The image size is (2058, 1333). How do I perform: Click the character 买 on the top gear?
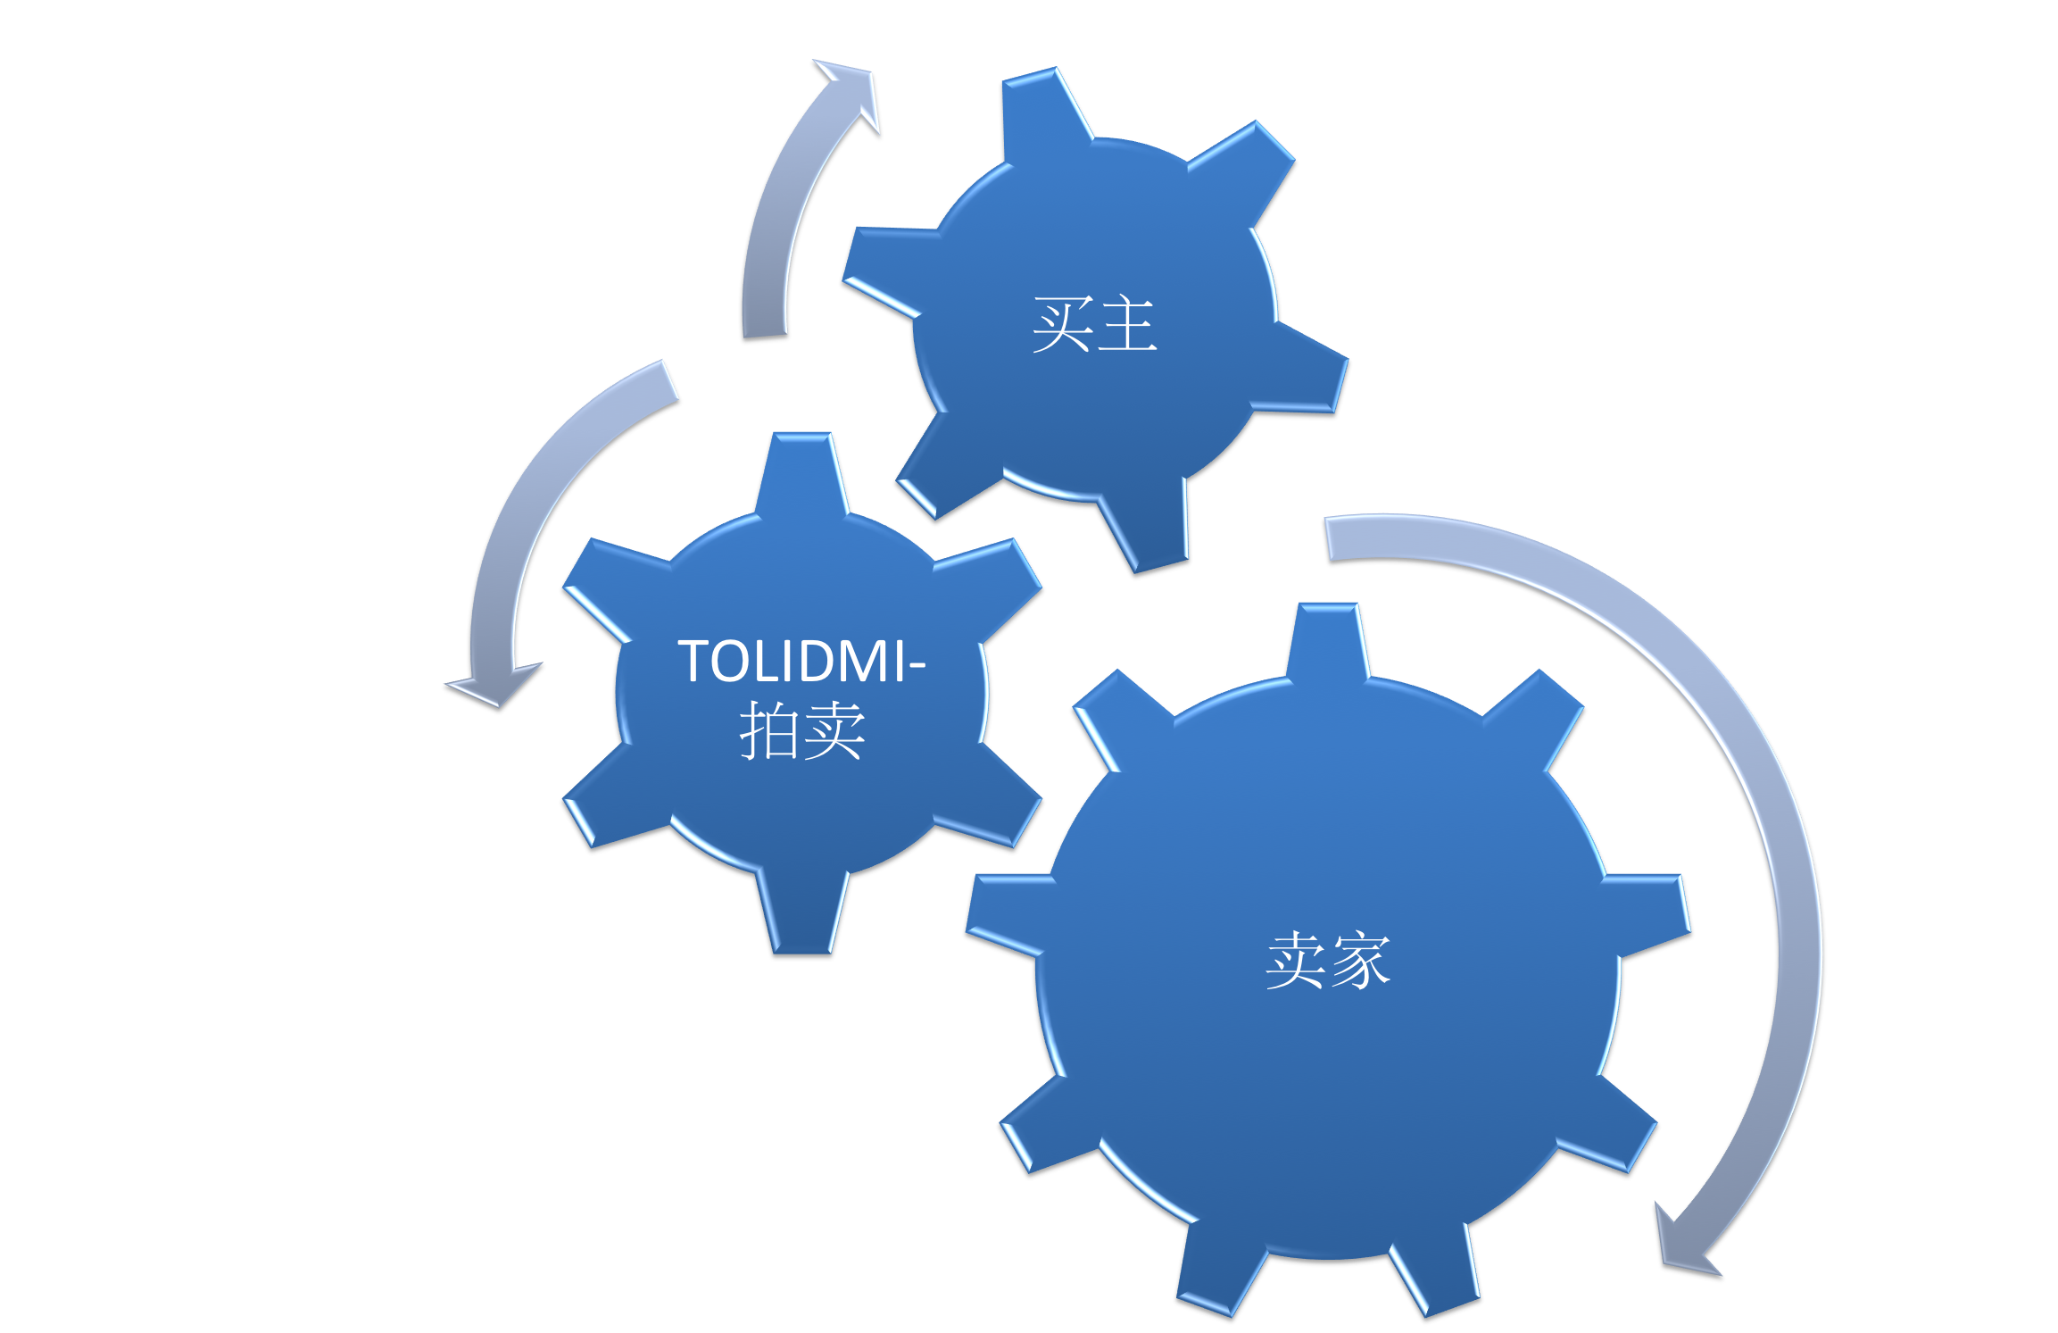tap(1062, 325)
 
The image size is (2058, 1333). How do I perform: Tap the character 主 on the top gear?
tap(1128, 325)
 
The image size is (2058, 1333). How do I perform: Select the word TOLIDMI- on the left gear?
tap(801, 662)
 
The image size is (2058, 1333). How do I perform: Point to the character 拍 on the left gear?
tap(769, 730)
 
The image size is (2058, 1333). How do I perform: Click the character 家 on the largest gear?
tap(1360, 962)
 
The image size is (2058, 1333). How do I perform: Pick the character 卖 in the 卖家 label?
tap(1295, 962)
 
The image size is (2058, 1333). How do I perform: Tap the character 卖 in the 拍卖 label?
tap(834, 730)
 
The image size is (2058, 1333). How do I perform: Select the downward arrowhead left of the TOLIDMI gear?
tap(496, 685)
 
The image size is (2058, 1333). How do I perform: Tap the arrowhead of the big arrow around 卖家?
tap(1682, 1246)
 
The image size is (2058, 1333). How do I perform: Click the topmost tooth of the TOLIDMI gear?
tap(802, 473)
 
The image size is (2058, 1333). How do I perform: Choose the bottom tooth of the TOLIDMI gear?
tap(802, 915)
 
